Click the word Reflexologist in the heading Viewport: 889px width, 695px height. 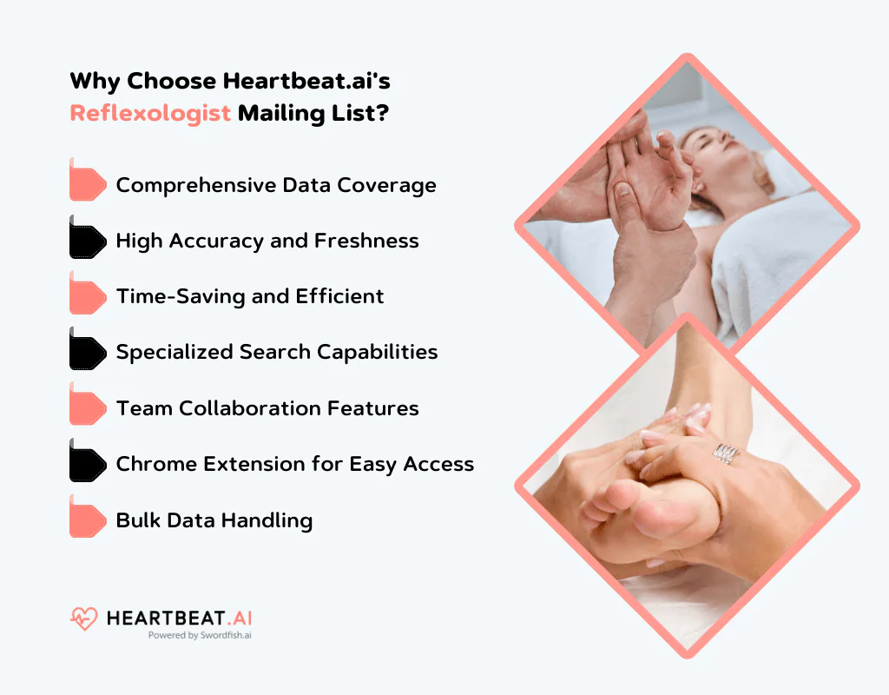pyautogui.click(x=150, y=114)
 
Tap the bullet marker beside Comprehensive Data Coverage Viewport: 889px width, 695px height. pyautogui.click(x=88, y=184)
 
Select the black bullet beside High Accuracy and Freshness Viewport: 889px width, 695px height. pyautogui.click(x=88, y=241)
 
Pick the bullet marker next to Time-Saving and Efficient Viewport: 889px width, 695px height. pyautogui.click(x=88, y=296)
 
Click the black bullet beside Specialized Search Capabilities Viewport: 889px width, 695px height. pyautogui.click(x=88, y=352)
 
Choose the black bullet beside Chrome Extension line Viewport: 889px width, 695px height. pyautogui.click(x=88, y=464)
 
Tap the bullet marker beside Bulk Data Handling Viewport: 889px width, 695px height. pyautogui.click(x=88, y=520)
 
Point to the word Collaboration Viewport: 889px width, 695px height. pyautogui.click(x=244, y=408)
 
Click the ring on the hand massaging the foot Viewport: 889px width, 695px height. pyautogui.click(x=726, y=453)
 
